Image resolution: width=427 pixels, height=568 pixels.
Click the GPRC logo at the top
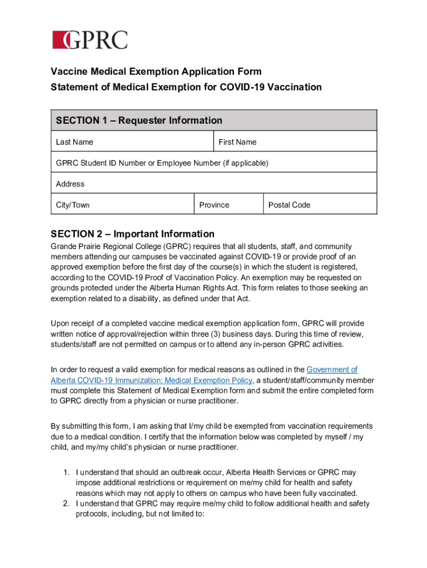pos(90,40)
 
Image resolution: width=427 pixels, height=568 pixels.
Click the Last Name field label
pos(74,142)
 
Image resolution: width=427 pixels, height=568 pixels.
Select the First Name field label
pos(237,142)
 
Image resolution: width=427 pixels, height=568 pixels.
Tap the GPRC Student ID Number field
pos(162,163)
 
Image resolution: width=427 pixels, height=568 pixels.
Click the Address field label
pos(70,184)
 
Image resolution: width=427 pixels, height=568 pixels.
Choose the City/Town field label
pos(73,205)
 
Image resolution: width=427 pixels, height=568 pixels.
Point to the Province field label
pos(214,205)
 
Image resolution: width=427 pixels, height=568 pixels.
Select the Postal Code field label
pos(289,205)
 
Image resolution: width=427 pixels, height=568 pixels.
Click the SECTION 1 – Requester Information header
pos(139,120)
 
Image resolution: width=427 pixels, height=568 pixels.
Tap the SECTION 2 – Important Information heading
pos(133,234)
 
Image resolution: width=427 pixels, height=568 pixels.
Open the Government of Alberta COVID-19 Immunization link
pos(151,380)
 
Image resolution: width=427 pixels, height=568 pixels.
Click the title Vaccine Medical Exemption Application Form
pos(156,72)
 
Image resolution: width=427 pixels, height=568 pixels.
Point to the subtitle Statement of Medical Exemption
pos(186,87)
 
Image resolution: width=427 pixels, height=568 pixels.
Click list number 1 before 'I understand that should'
pos(65,472)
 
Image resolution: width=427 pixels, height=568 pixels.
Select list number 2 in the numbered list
pos(65,504)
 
